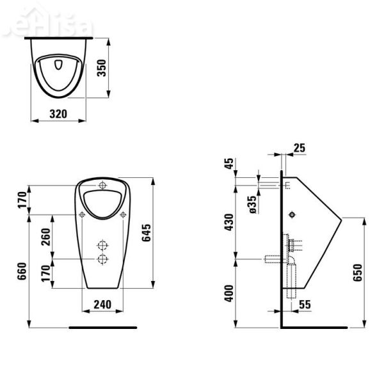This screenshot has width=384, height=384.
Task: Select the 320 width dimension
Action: point(59,112)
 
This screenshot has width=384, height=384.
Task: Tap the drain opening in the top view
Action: point(59,65)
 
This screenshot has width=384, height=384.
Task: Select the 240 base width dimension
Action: point(102,305)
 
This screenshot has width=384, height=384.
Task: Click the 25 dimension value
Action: point(298,148)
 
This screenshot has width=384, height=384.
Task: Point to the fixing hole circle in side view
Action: point(292,214)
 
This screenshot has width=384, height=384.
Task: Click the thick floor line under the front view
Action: point(102,327)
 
